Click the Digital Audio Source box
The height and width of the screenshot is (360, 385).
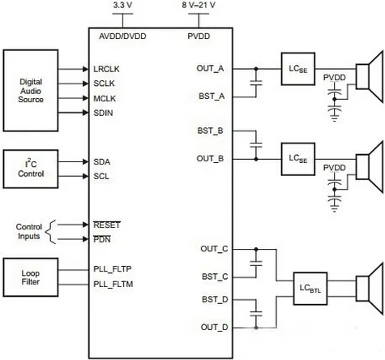point(31,91)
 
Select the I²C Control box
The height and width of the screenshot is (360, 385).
point(31,169)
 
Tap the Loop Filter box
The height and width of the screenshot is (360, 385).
point(31,277)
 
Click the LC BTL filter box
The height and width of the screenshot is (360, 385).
point(310,289)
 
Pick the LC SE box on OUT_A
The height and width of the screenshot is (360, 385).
point(298,69)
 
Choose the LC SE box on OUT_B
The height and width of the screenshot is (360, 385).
point(298,159)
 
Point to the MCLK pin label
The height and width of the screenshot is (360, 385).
point(105,99)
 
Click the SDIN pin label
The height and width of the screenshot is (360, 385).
point(103,113)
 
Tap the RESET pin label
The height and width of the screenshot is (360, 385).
point(107,225)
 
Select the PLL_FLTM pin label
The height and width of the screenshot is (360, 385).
point(113,285)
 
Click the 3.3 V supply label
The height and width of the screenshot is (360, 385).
point(122,5)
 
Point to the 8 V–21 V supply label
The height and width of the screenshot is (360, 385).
point(199,5)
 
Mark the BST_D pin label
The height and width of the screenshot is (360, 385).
point(215,299)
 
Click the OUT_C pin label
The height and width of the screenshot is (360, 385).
point(214,249)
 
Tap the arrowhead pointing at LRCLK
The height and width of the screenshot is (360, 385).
point(86,70)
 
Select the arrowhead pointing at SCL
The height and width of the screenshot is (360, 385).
point(86,177)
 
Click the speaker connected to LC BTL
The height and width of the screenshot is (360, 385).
point(370,289)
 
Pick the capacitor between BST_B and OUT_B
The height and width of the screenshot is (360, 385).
point(256,145)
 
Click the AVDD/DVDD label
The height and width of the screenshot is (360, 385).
point(122,36)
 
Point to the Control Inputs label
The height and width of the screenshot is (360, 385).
point(29,232)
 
